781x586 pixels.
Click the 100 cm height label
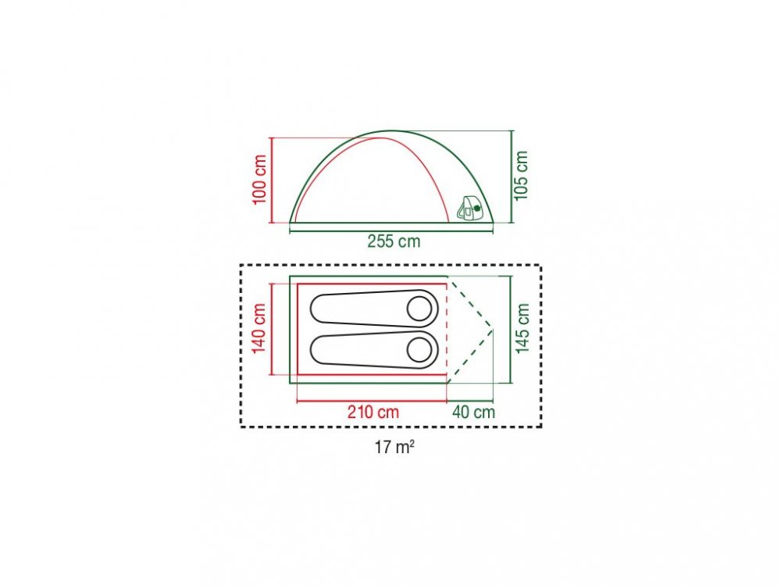click(x=260, y=180)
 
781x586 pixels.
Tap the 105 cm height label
click(x=521, y=175)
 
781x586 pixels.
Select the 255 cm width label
click(x=394, y=241)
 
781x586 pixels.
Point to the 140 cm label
click(x=260, y=329)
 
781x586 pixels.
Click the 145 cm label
click(x=522, y=329)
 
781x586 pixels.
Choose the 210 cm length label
click(x=373, y=412)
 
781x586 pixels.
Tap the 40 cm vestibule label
click(x=474, y=412)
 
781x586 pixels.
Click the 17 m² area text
click(x=394, y=447)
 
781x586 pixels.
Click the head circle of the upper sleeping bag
click(x=419, y=309)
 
